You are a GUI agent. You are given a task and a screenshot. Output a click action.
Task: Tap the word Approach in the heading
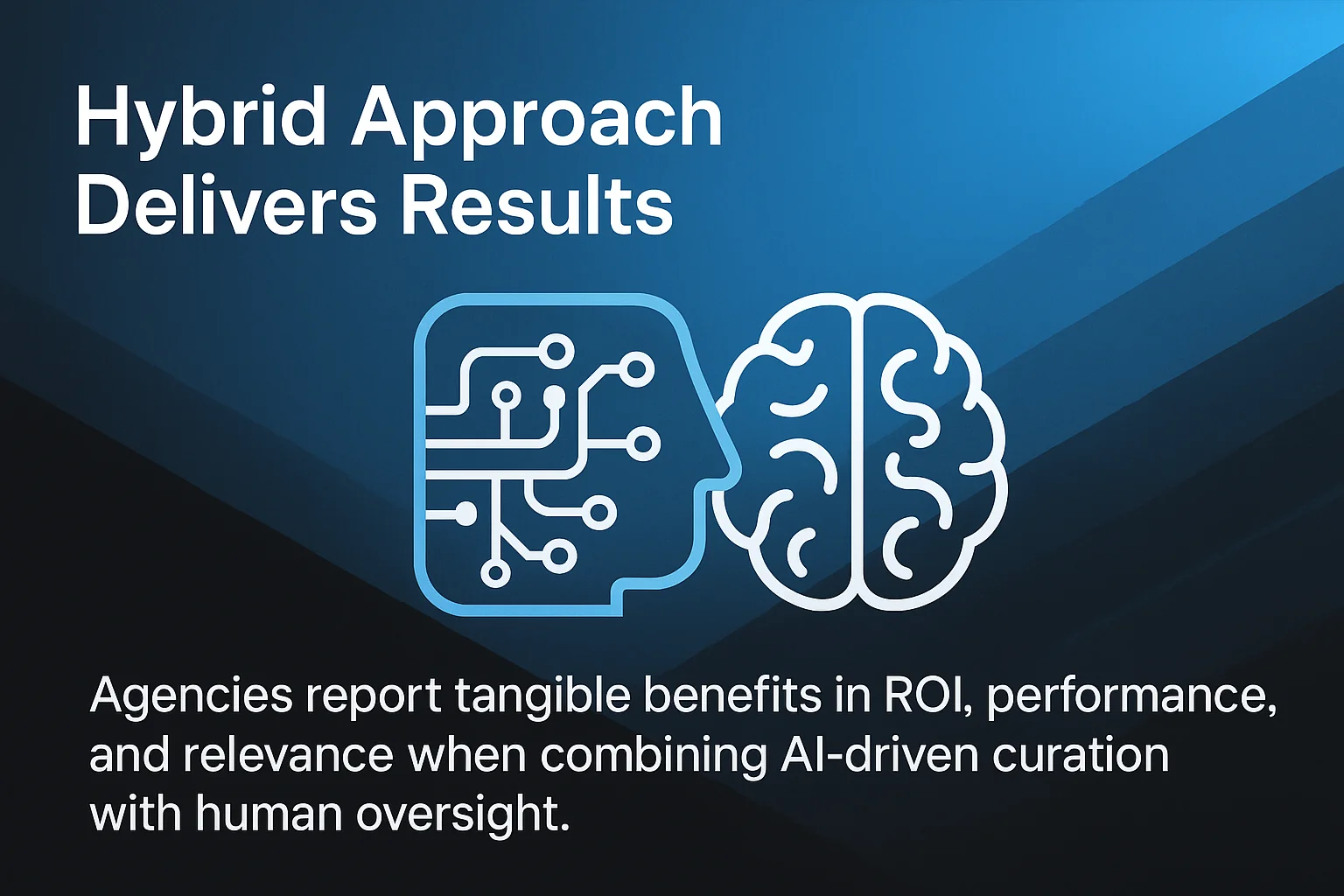[536, 121]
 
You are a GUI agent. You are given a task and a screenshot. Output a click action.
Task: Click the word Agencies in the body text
[191, 696]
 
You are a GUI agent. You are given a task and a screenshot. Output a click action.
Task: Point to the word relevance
[288, 755]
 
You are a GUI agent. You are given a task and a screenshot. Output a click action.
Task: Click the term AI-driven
[878, 755]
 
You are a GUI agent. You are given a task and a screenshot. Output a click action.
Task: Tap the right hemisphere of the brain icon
[932, 455]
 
